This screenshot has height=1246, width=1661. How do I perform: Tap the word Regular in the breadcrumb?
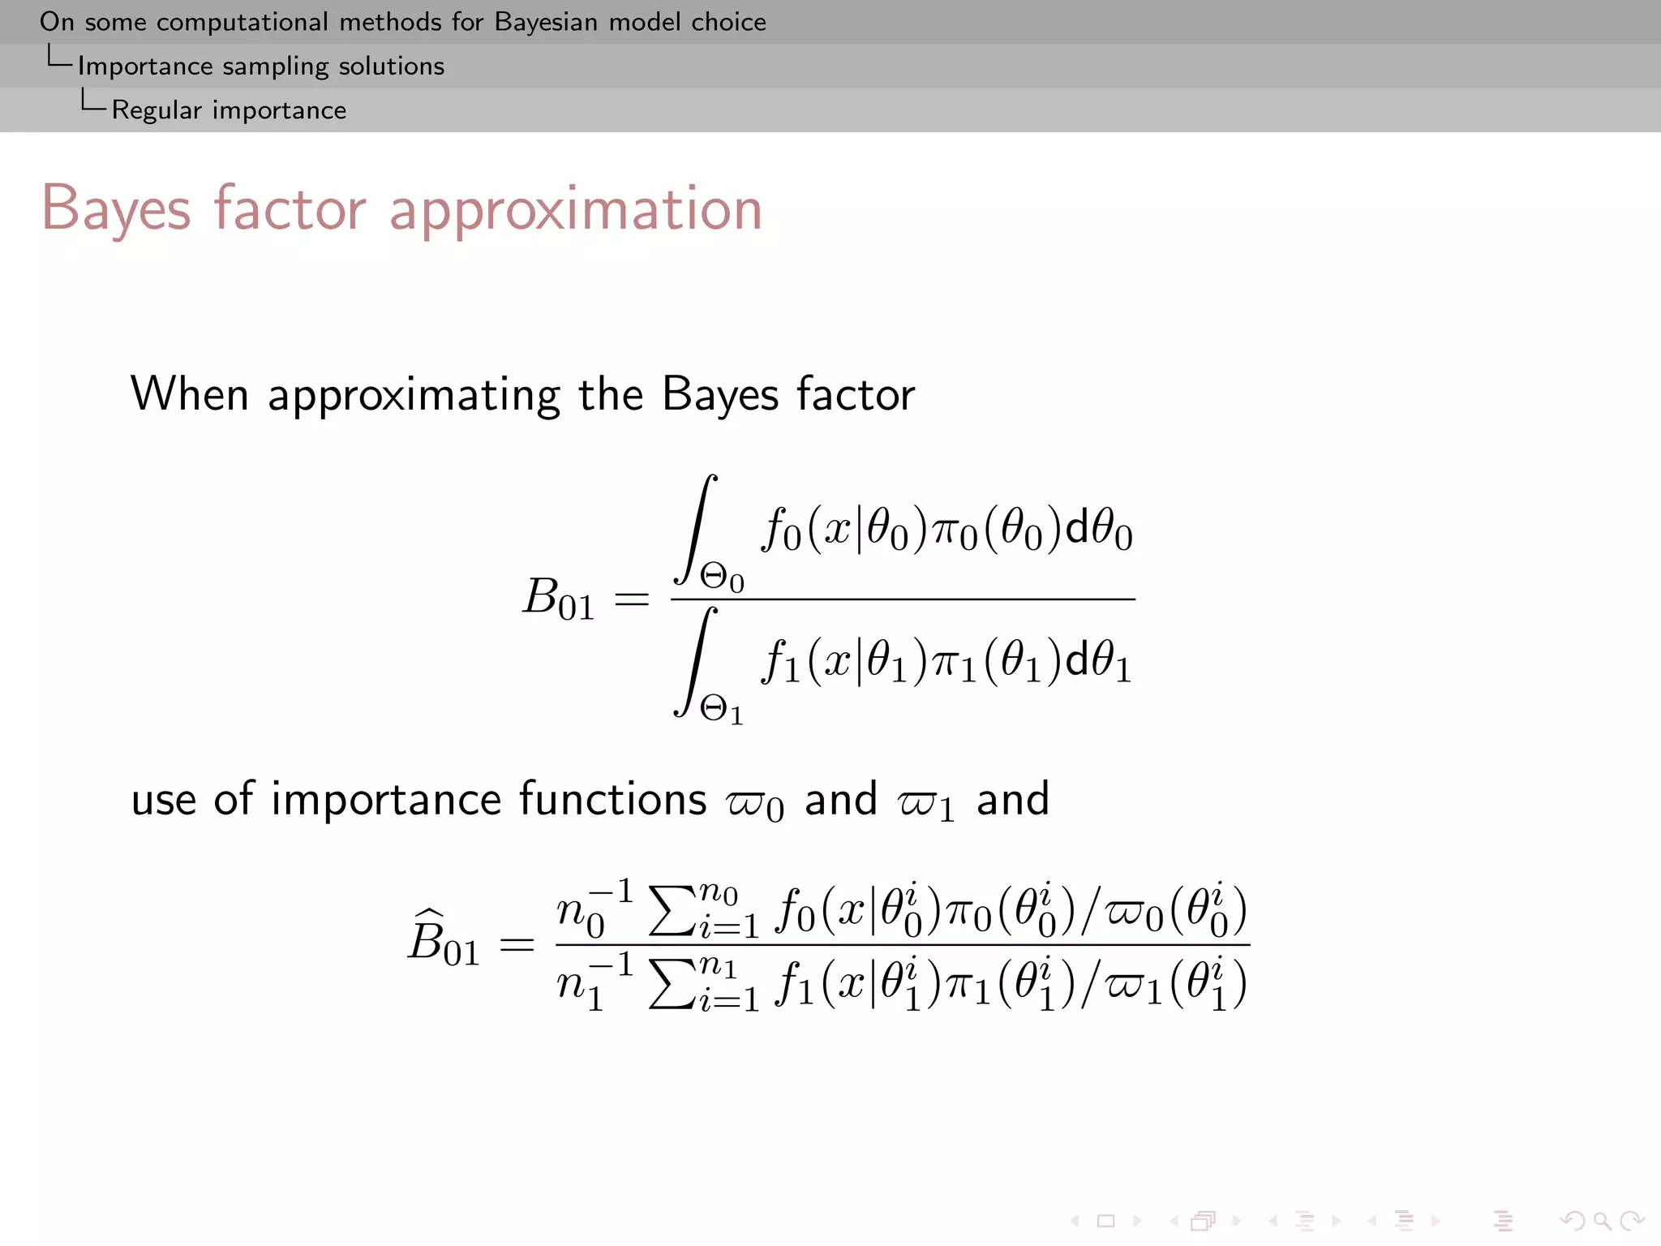click(x=157, y=110)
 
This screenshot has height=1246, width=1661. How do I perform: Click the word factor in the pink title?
click(x=290, y=209)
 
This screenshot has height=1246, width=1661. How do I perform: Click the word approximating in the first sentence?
click(x=413, y=396)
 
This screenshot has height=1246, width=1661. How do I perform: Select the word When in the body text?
click(x=189, y=394)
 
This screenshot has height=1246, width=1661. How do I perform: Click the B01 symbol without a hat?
click(x=558, y=599)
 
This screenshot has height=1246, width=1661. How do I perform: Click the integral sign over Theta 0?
click(x=695, y=529)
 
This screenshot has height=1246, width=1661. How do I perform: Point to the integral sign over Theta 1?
click(x=695, y=661)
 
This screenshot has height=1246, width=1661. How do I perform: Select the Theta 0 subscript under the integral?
click(x=722, y=579)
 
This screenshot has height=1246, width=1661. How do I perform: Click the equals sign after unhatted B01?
click(x=632, y=600)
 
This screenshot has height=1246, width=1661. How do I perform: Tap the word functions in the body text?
click(x=612, y=800)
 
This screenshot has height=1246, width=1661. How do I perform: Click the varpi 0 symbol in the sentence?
click(x=755, y=804)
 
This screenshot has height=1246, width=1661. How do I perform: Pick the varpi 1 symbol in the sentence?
click(x=925, y=804)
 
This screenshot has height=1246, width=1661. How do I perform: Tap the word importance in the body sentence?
click(x=386, y=800)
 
